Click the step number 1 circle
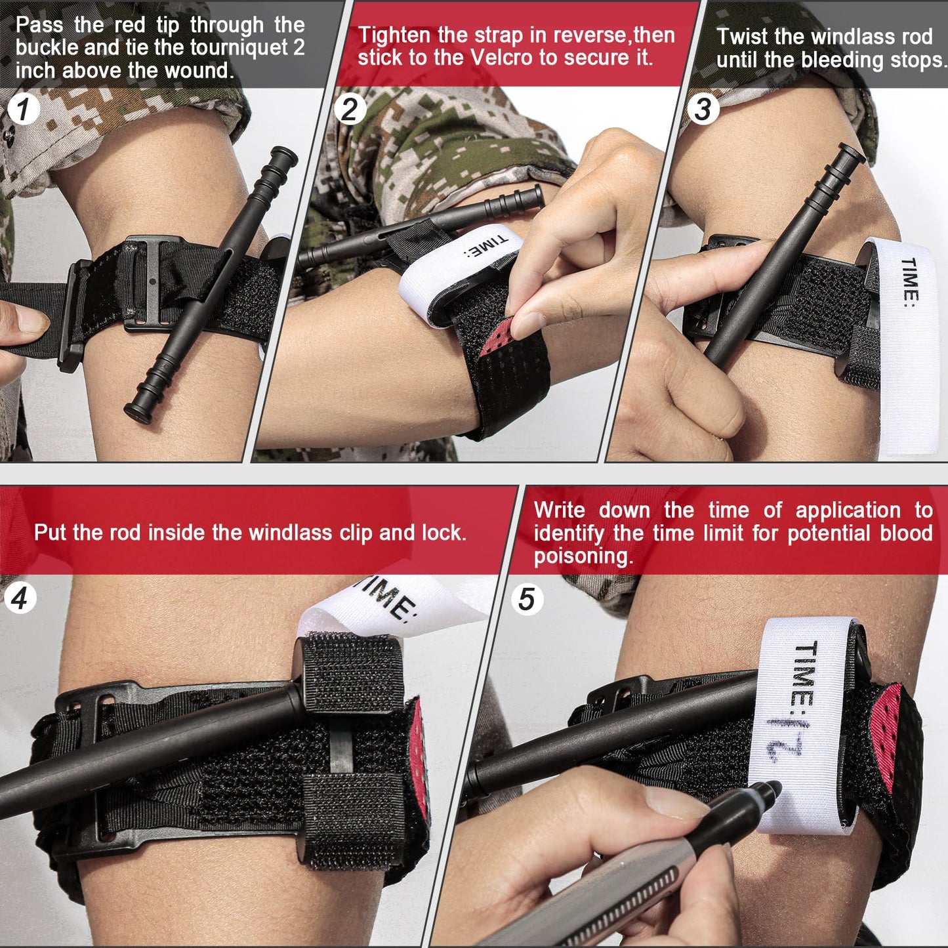point(23,109)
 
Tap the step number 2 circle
point(350,109)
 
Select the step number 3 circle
point(703,109)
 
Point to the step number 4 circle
point(20,599)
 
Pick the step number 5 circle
point(526,599)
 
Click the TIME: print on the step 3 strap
point(909,282)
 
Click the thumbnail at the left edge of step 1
point(30,321)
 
